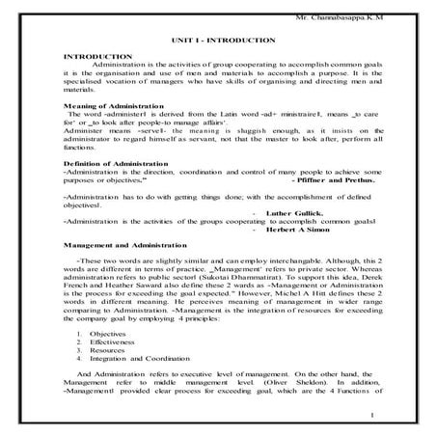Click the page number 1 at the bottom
(x=372, y=414)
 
